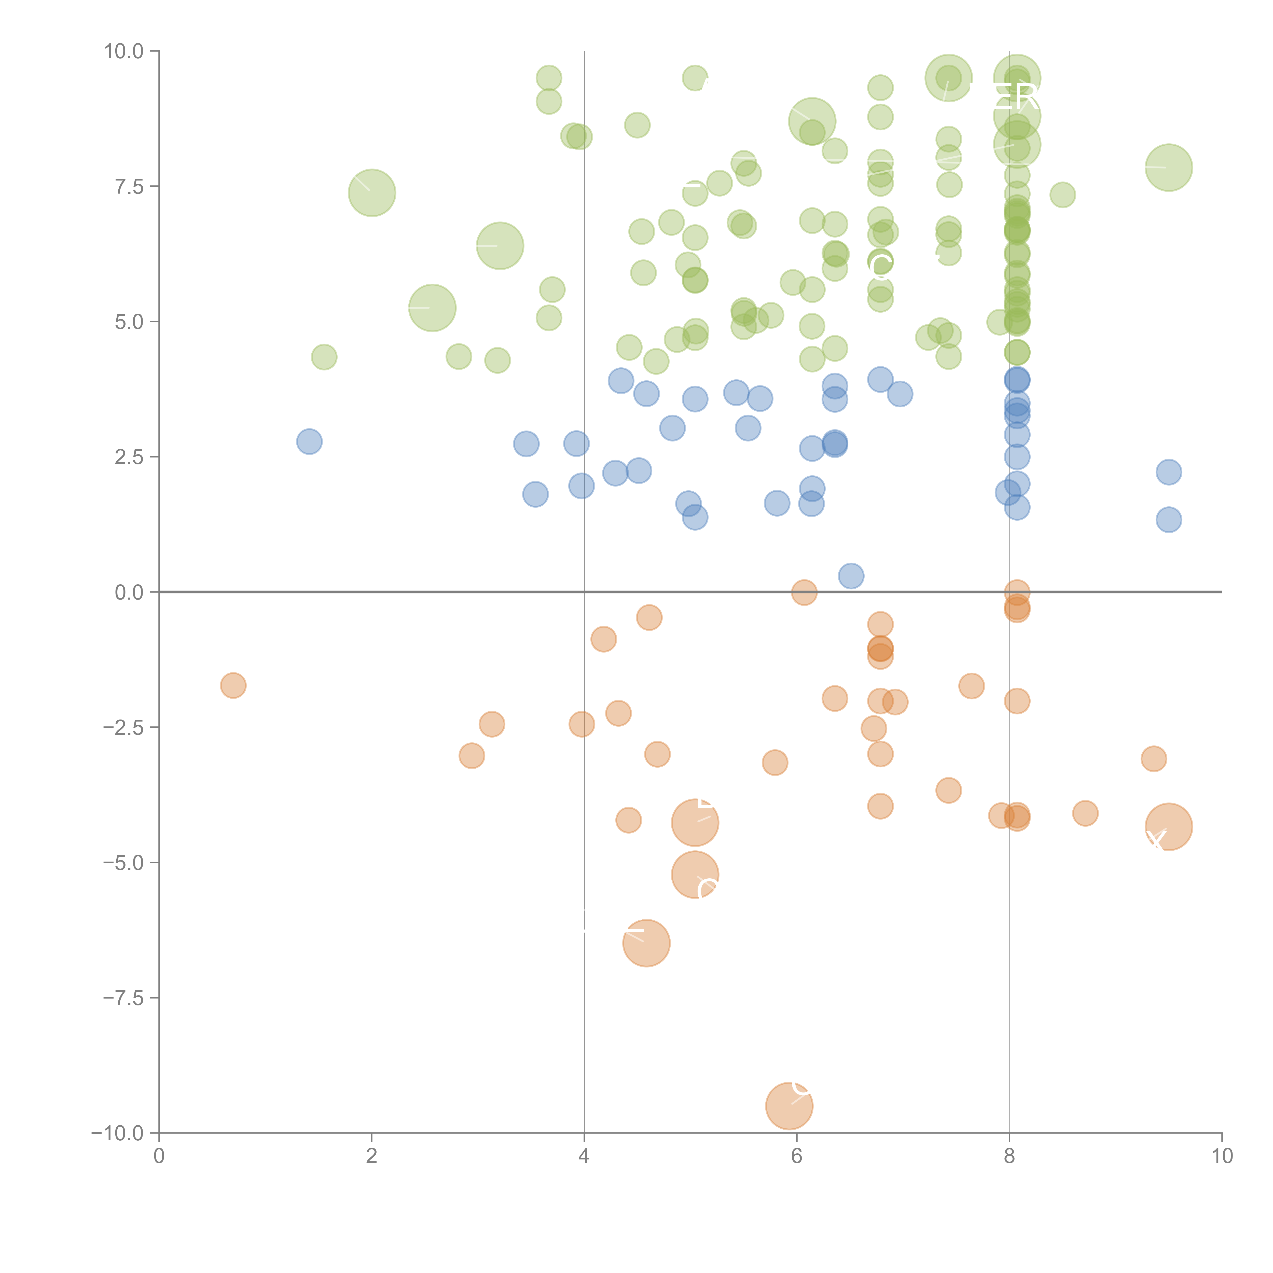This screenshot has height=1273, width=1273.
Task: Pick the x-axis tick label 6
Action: [x=797, y=1156]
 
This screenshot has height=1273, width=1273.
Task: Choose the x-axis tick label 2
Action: [x=372, y=1156]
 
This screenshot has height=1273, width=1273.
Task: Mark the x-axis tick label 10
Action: [x=1222, y=1156]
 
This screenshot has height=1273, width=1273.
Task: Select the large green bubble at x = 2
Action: [x=372, y=192]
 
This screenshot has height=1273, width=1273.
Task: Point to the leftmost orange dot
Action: [x=233, y=685]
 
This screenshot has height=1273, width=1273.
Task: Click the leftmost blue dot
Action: [x=309, y=441]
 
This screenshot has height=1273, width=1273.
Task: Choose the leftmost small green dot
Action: [x=324, y=357]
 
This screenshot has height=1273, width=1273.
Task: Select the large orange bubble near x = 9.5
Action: [x=1168, y=827]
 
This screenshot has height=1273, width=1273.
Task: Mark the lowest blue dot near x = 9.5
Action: [x=1168, y=520]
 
